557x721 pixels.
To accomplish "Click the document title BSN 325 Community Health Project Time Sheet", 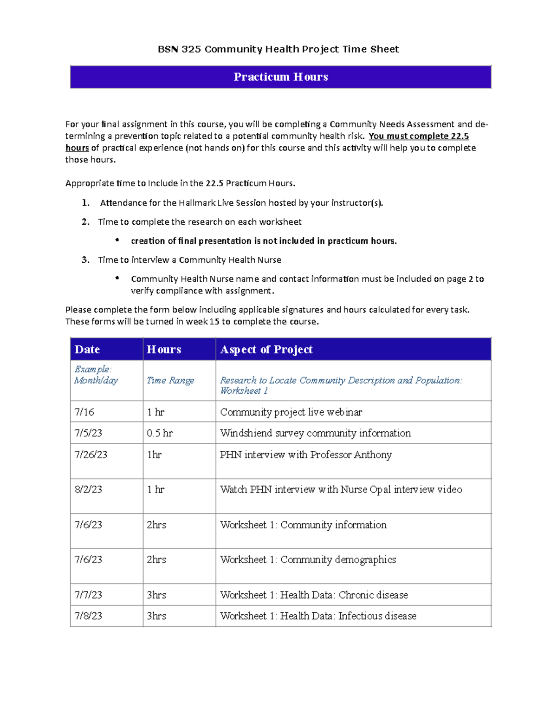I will coord(278,49).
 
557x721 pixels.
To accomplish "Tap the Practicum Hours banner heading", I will coord(280,77).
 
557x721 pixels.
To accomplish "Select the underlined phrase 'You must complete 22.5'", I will coord(418,136).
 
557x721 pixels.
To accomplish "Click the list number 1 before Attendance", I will coord(85,203).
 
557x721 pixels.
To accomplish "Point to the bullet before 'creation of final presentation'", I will coord(117,240).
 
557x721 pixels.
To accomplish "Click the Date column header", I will coord(87,349).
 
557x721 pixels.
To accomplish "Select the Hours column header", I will coord(164,349).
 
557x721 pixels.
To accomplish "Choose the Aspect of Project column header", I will coord(266,349).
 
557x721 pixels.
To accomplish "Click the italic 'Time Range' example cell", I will coord(170,380).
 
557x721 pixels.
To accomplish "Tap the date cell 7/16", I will coord(84,412).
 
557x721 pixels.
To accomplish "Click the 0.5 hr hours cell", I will coord(160,433).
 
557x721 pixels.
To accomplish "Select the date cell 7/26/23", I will coord(91,455).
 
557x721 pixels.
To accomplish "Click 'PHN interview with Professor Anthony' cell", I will coord(305,455).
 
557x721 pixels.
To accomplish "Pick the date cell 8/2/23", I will coord(88,489).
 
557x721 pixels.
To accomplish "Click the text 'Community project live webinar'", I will coord(291,412).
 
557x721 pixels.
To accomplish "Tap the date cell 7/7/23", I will coord(88,595).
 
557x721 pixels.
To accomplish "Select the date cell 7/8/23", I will coord(88,616).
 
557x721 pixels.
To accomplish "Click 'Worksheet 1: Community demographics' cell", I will coord(308,559).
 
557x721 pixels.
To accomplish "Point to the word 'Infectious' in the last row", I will coord(360,616).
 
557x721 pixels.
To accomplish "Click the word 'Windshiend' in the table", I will coord(246,433).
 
